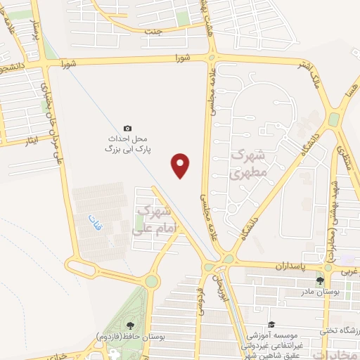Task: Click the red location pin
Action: click(181, 165)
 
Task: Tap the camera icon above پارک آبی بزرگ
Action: click(127, 128)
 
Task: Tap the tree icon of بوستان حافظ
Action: click(130, 325)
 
